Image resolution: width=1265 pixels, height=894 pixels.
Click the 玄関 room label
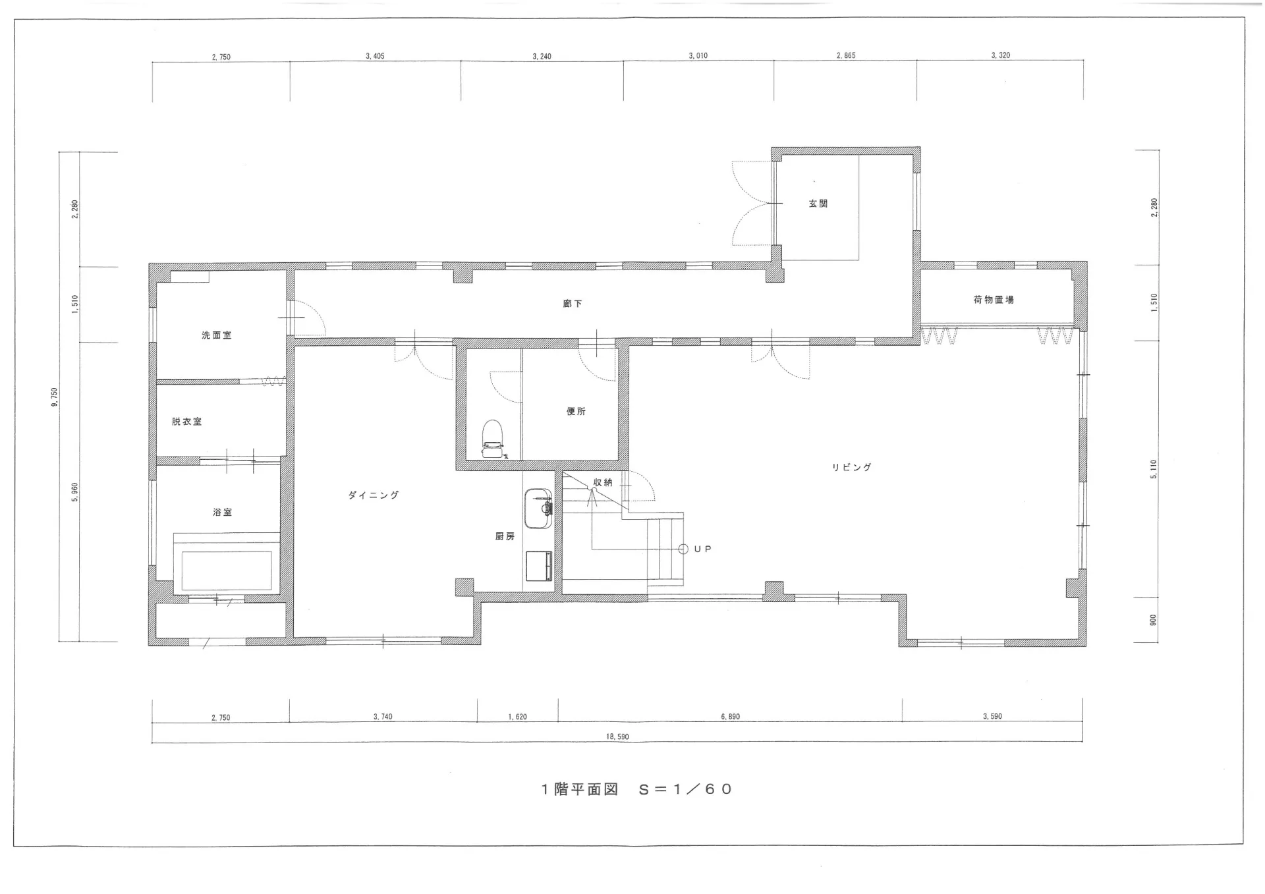(818, 204)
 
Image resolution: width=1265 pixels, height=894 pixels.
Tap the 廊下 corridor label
(573, 304)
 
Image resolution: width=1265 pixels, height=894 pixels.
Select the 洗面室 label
(217, 335)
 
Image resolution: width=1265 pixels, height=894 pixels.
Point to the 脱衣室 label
(187, 422)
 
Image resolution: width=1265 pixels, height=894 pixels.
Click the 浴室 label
(223, 512)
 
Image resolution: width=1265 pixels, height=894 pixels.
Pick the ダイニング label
(374, 495)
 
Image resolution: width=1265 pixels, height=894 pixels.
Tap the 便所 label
(576, 411)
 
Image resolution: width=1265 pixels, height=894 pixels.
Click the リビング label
(851, 467)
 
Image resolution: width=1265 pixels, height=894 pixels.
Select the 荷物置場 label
(994, 300)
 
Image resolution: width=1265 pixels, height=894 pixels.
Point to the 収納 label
(603, 482)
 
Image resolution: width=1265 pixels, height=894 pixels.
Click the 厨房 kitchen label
(505, 537)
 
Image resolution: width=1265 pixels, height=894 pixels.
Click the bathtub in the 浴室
(227, 564)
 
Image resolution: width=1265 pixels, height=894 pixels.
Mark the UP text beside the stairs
(702, 549)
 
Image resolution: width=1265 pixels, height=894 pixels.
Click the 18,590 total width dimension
(617, 737)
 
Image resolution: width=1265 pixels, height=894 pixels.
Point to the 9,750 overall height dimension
(55, 397)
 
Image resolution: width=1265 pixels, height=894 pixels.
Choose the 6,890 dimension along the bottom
(730, 717)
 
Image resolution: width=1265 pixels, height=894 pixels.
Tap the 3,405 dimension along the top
(375, 57)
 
